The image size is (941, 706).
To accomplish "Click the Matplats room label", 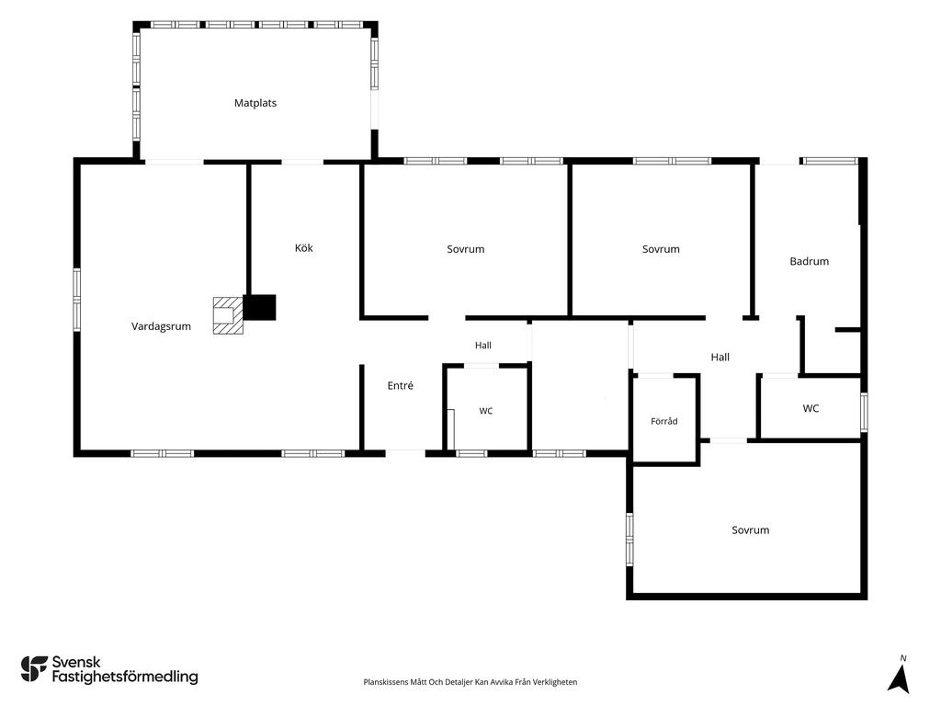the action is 255,103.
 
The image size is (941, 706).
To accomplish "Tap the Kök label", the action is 303,248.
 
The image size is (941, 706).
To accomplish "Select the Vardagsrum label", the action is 161,326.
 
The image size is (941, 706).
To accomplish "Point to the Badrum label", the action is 809,261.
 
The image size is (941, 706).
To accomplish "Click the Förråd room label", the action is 663,421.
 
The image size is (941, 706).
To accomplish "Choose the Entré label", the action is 401,385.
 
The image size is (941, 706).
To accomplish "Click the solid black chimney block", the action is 259,307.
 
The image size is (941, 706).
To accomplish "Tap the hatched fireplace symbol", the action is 228,315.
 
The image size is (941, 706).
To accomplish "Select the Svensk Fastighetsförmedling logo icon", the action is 34,669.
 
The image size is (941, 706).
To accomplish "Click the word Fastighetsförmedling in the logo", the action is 125,678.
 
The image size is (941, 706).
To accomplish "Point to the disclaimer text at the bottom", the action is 470,682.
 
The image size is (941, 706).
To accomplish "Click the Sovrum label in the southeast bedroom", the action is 750,530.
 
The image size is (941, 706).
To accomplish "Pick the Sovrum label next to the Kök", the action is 465,249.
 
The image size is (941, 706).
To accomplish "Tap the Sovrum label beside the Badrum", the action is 661,249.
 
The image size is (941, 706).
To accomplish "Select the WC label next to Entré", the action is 485,411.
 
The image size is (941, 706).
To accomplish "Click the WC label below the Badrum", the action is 811,408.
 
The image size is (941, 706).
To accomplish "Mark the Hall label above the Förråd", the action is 720,358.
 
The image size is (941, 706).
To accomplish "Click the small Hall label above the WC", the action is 483,346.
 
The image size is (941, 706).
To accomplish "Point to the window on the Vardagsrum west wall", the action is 77,300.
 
